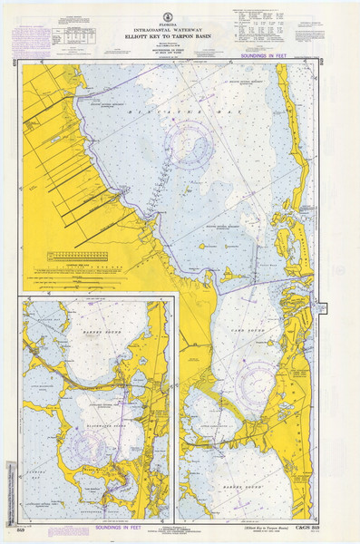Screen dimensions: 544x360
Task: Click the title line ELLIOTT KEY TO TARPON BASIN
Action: (x=180, y=35)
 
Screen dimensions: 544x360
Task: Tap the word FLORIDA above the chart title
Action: (x=180, y=17)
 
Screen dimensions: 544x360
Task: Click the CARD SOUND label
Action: (x=246, y=331)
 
